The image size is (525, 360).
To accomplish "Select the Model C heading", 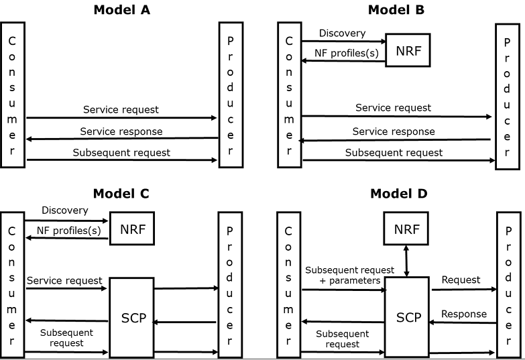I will pyautogui.click(x=121, y=194).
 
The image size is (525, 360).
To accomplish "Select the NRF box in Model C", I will pyautogui.click(x=132, y=229).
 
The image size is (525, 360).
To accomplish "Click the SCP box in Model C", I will pyautogui.click(x=131, y=316).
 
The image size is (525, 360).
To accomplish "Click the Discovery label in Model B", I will pyautogui.click(x=342, y=34).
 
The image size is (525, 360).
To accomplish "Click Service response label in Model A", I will pyautogui.click(x=121, y=131).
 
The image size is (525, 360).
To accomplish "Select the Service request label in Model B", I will pyautogui.click(x=393, y=107).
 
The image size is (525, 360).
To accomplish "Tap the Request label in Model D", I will pyautogui.click(x=461, y=280).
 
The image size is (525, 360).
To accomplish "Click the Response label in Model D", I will pyautogui.click(x=463, y=314).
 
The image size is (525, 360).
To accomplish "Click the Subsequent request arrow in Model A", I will pyautogui.click(x=121, y=161).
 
